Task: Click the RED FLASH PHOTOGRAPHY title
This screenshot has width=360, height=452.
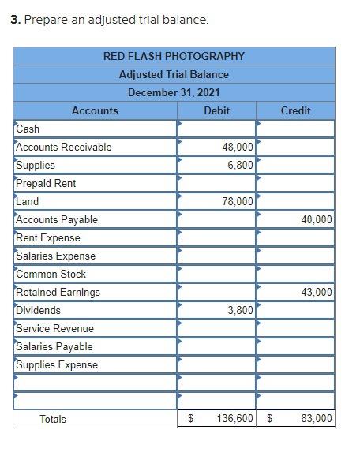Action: tap(174, 56)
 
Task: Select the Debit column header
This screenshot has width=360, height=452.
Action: tap(216, 111)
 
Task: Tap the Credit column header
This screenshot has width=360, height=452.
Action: tap(295, 111)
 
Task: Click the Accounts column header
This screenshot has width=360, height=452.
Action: tap(95, 111)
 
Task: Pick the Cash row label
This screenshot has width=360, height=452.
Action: tap(28, 129)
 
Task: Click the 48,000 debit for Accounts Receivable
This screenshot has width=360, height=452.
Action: tap(238, 147)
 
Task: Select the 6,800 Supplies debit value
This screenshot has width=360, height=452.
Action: tap(240, 165)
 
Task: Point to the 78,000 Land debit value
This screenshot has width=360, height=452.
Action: tap(238, 201)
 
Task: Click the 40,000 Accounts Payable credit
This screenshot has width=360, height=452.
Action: tap(317, 219)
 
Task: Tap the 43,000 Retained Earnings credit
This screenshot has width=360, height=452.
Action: tap(317, 292)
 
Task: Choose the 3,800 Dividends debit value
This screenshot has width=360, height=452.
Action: tap(240, 310)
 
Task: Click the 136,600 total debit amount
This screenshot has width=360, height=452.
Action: tap(234, 419)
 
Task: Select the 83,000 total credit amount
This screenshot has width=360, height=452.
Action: tap(317, 419)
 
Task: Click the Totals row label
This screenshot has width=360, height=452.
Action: tap(53, 419)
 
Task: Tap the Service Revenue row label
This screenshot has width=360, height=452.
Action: tap(54, 328)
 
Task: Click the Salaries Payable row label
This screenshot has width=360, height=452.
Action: tap(54, 346)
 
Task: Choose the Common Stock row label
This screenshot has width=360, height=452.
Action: tap(51, 274)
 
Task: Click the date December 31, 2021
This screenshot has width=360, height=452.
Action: tap(174, 92)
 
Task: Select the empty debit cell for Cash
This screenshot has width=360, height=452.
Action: tap(216, 129)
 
